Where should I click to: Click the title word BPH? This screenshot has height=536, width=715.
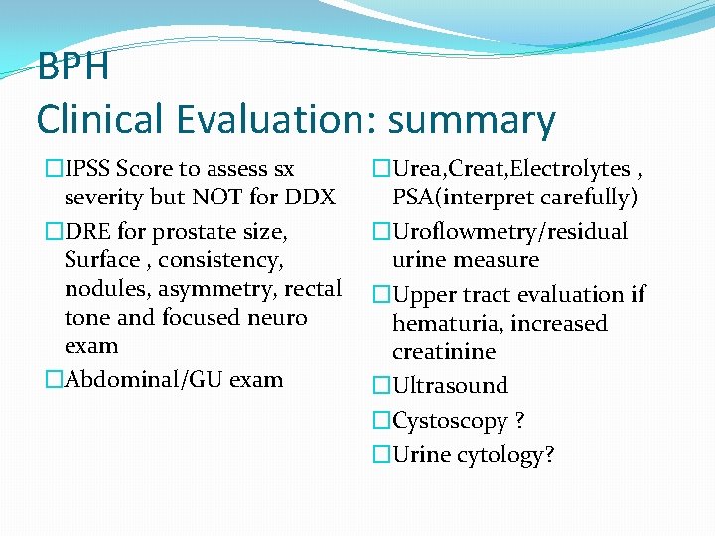click(72, 68)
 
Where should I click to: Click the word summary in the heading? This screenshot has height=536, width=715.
click(472, 120)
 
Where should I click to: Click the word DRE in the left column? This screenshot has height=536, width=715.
click(85, 231)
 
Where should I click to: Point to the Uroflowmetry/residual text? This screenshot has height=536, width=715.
click(510, 231)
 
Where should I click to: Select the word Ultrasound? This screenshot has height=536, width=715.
click(450, 386)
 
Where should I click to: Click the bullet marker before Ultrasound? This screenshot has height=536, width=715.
click(382, 386)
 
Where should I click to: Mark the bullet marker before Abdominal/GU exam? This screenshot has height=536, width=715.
click(54, 380)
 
